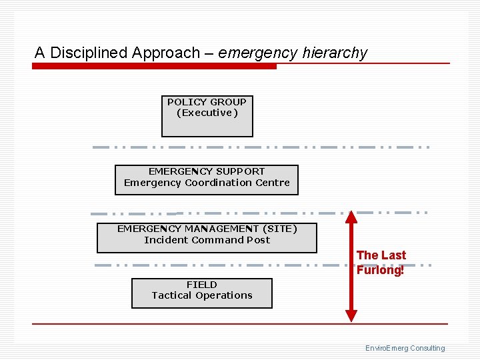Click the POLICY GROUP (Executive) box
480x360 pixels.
click(x=207, y=117)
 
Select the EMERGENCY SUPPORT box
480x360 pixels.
click(x=206, y=180)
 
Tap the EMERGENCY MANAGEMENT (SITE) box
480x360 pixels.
click(x=207, y=238)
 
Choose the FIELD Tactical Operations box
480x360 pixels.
click(x=201, y=293)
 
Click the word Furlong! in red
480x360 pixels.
click(x=380, y=270)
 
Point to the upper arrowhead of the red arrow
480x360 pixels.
click(x=351, y=216)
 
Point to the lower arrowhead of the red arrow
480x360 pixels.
click(x=351, y=317)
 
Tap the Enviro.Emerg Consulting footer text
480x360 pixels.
click(x=405, y=348)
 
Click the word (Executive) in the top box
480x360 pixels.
click(x=207, y=113)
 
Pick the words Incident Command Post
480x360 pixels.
click(x=207, y=240)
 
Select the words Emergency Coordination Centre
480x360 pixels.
click(x=207, y=183)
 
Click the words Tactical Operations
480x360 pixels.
click(x=201, y=295)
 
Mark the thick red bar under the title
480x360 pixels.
click(x=154, y=66)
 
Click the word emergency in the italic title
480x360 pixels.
click(x=257, y=53)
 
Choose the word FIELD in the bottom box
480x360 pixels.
click(x=201, y=285)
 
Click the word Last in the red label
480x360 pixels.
click(x=393, y=255)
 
